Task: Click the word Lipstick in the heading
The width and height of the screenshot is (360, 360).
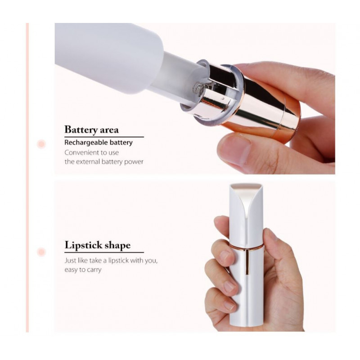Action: coord(83,245)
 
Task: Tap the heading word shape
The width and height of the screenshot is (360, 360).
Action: coord(117,245)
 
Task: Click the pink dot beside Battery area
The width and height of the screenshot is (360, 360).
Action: coord(41,144)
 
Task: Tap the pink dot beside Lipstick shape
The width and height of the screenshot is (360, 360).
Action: coord(41,252)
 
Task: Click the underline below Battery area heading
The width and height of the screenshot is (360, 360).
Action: coord(104,137)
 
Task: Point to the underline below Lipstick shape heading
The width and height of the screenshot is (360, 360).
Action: coord(104,252)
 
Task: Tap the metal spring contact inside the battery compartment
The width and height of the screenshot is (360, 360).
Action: coord(199,88)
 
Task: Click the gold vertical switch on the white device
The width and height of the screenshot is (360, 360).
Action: coord(247,262)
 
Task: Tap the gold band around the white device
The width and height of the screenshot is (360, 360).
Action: coord(246,247)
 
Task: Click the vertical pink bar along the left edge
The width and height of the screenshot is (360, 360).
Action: coord(27,177)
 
